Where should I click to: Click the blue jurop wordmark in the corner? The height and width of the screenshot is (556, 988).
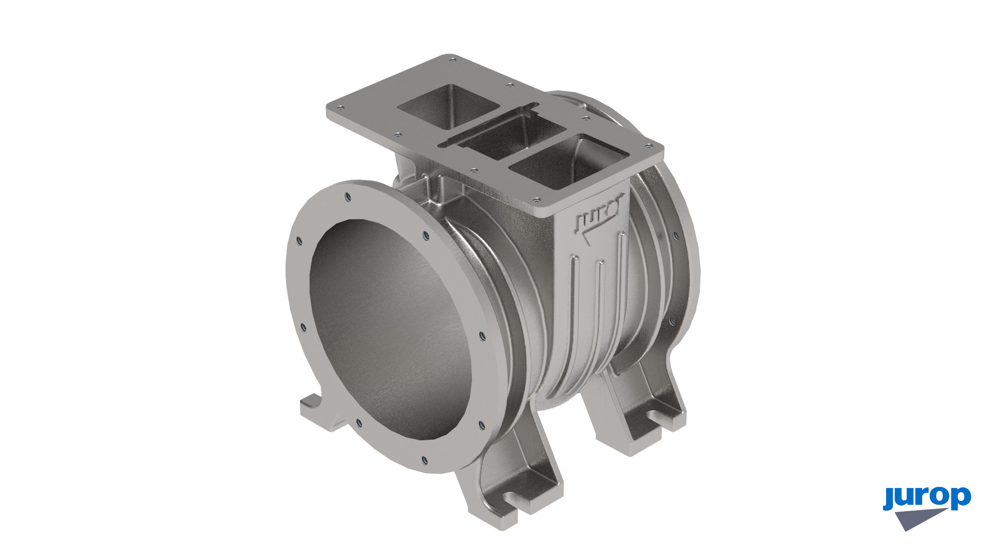(927, 498)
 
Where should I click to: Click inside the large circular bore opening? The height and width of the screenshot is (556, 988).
(391, 329)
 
